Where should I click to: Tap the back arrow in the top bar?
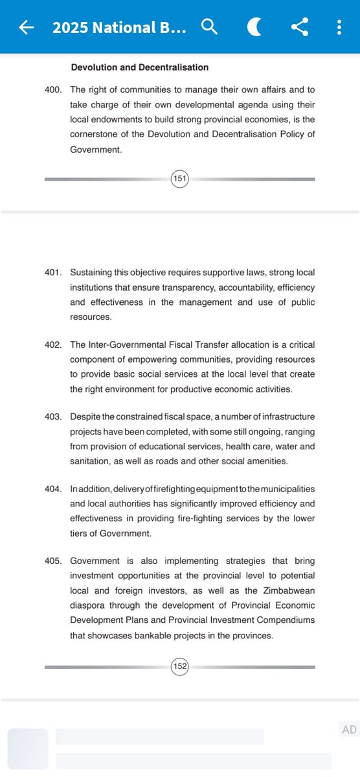26,27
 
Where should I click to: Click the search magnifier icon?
210,27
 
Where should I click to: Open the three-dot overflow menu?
339,27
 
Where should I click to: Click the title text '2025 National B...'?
120,28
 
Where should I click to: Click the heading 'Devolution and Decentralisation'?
139,67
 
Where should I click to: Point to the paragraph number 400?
53,90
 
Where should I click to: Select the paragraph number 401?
53,273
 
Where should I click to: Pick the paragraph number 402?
53,344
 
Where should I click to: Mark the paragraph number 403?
53,416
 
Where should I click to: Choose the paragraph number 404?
53,489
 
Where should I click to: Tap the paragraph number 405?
53,561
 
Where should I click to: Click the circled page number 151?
179,179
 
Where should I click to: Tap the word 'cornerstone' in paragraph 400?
94,135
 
